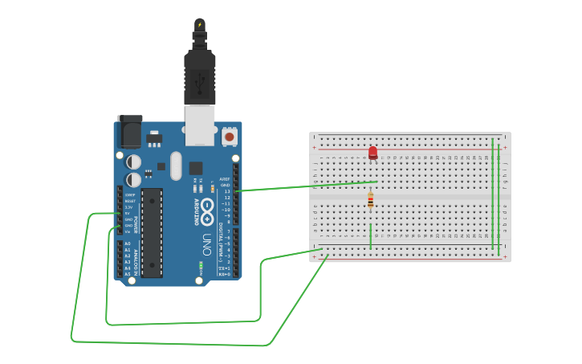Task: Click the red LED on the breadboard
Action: pyautogui.click(x=372, y=152)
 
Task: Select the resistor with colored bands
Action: pyautogui.click(x=370, y=200)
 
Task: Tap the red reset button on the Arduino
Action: pyautogui.click(x=230, y=137)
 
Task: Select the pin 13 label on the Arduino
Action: pyautogui.click(x=227, y=191)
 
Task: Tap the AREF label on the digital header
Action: pyautogui.click(x=225, y=179)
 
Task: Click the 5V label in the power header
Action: pyautogui.click(x=128, y=213)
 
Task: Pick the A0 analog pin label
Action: pyautogui.click(x=128, y=243)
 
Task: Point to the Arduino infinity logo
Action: pyautogui.click(x=207, y=210)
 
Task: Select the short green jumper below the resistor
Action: pyautogui.click(x=370, y=235)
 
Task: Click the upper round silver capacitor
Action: pyautogui.click(x=134, y=162)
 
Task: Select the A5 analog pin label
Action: pyautogui.click(x=128, y=274)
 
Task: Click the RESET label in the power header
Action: pyautogui.click(x=128, y=201)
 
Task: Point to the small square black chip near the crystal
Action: pyautogui.click(x=196, y=168)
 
